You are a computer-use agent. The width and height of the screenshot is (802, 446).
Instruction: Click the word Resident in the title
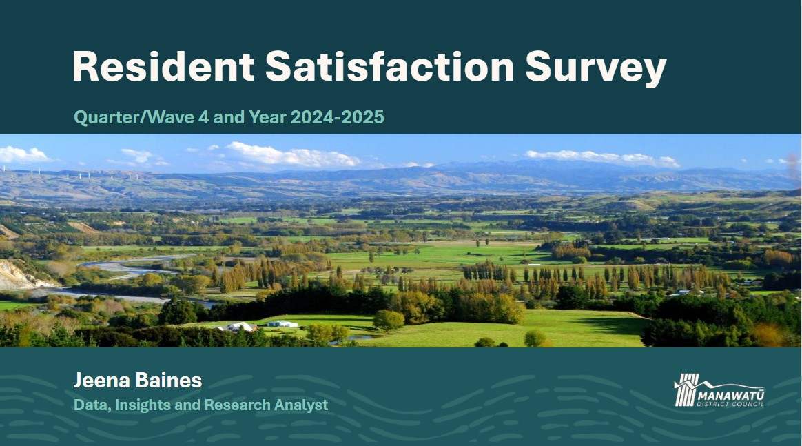tap(163, 66)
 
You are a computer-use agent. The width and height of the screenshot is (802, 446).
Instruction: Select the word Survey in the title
tap(596, 68)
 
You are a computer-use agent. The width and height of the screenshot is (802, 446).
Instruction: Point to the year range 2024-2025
tap(337, 117)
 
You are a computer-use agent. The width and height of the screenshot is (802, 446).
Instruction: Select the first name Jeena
tap(102, 380)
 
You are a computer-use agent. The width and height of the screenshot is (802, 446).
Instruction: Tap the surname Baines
tap(169, 380)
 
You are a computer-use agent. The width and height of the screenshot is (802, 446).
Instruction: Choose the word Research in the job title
tap(237, 405)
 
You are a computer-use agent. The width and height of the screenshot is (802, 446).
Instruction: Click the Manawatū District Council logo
tap(719, 390)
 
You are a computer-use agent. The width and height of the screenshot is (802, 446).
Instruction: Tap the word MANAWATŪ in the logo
tap(731, 396)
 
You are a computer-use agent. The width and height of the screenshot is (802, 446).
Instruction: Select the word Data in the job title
tap(92, 405)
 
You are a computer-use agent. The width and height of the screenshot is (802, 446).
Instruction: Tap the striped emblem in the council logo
tap(686, 390)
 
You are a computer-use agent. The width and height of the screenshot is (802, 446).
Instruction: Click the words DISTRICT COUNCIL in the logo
tap(730, 404)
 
